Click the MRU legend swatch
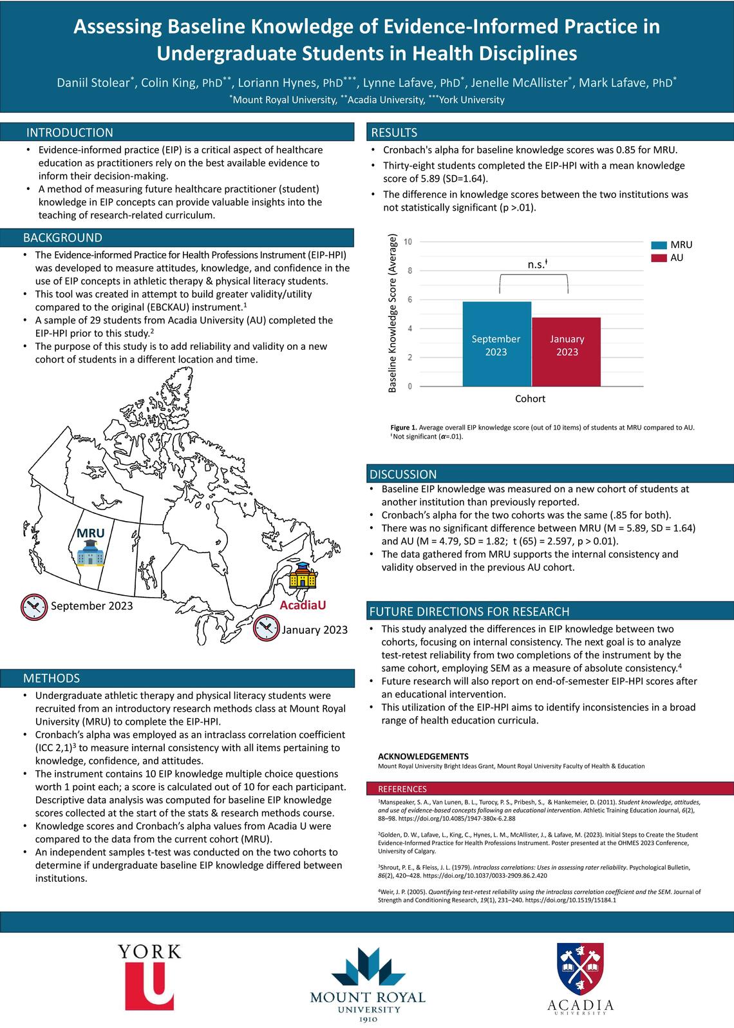(658, 245)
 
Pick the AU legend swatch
(658, 258)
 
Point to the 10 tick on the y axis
(408, 242)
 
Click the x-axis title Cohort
(530, 399)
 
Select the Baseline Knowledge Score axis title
(392, 313)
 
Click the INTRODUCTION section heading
(70, 133)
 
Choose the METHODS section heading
(52, 678)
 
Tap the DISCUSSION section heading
(403, 475)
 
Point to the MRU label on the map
(90, 534)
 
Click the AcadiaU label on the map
(303, 605)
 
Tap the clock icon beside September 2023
(33, 605)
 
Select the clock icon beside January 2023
(266, 629)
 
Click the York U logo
(149, 975)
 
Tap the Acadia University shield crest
(581, 969)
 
